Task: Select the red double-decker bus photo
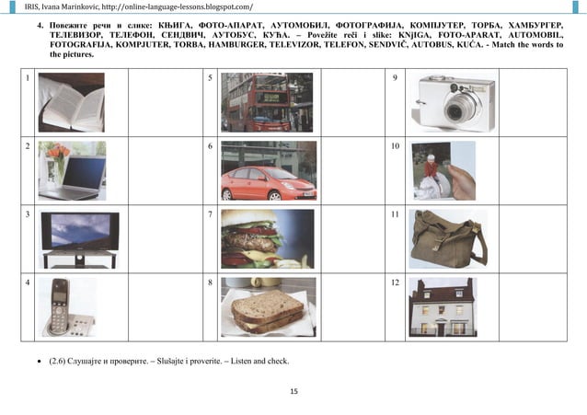tap(266, 102)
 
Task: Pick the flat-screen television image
tap(79, 237)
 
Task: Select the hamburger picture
tap(268, 238)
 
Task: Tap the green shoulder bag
tap(448, 238)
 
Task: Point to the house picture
tap(442, 306)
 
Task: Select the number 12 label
tap(397, 282)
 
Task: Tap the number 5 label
tap(211, 78)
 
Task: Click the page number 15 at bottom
tap(293, 393)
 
